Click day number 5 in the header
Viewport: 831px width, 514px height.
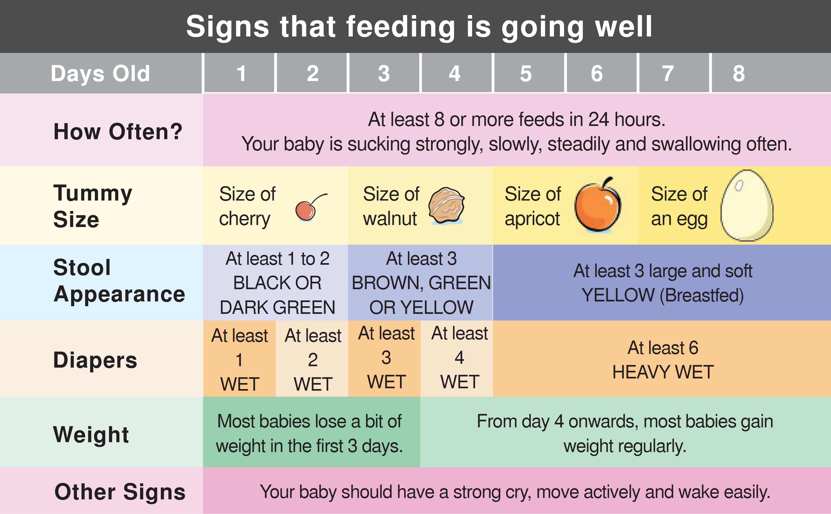526,73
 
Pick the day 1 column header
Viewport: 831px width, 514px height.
241,73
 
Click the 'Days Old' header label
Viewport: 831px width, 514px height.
100,73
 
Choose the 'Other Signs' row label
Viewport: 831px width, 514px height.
120,492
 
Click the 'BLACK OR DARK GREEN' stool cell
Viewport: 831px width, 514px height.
277,295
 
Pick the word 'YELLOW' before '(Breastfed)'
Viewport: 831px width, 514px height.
618,295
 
